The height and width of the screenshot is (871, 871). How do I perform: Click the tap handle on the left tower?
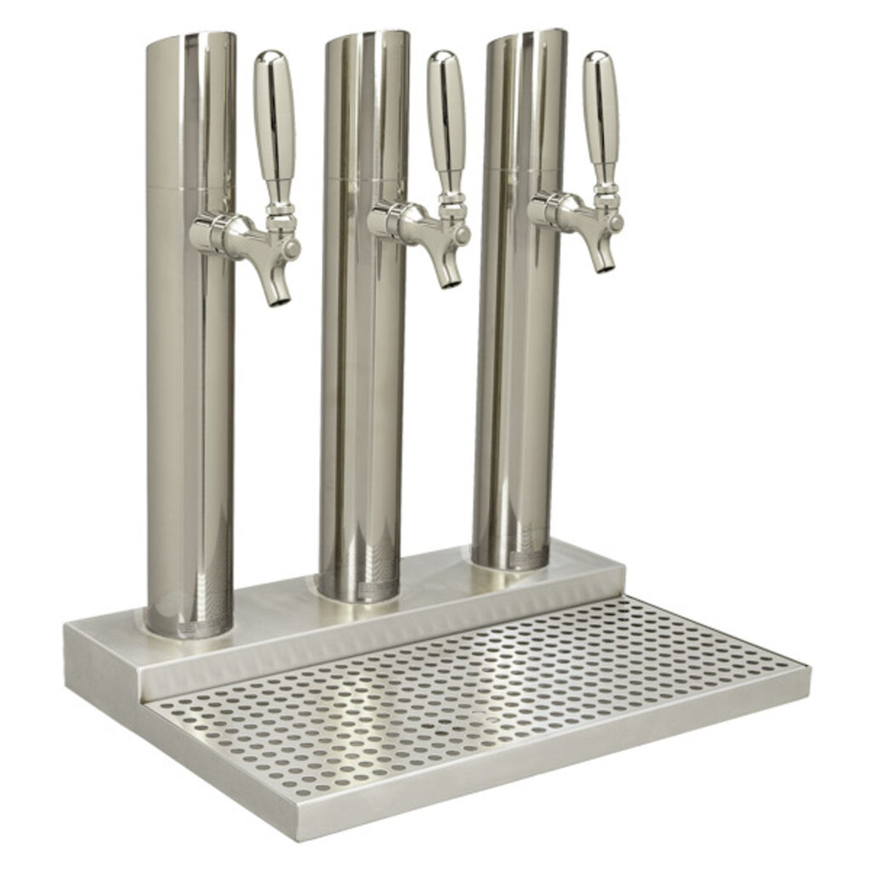[274, 119]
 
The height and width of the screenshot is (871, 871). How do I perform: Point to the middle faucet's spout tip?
[452, 280]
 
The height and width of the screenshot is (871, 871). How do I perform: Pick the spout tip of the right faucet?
[606, 265]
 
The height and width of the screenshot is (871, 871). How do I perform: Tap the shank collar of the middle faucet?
[388, 219]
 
